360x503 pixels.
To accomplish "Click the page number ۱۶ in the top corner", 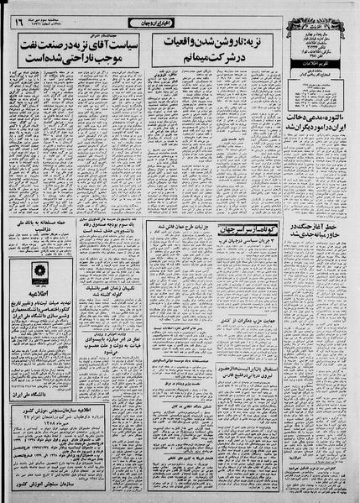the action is tap(18, 22).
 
